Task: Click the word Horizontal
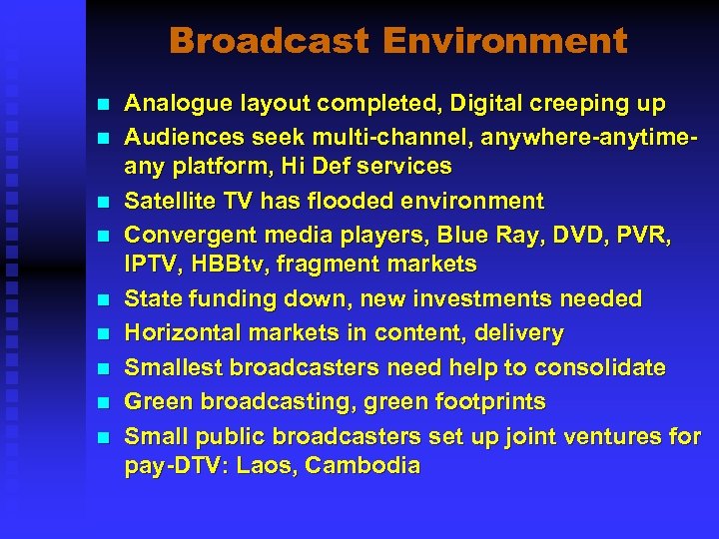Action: (x=181, y=332)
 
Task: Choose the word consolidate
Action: (x=599, y=367)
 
